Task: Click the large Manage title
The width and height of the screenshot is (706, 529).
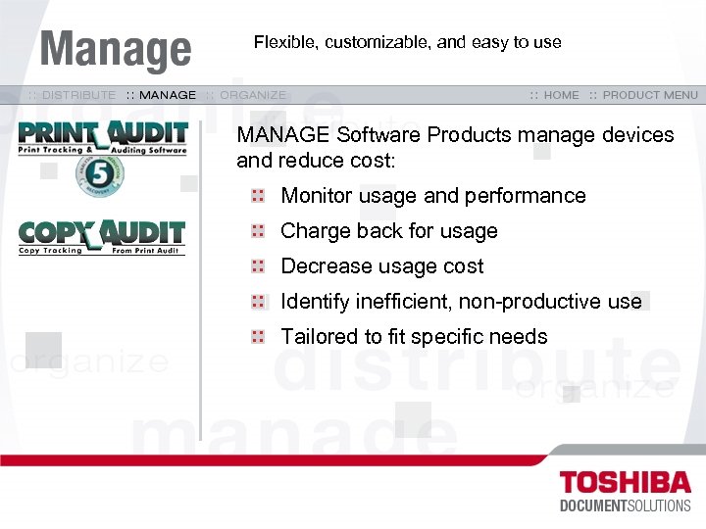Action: point(116,49)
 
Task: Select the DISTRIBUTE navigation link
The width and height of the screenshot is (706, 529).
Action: point(77,95)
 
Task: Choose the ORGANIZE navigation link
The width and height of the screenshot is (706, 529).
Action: point(253,95)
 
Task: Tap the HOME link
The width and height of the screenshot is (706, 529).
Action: point(561,95)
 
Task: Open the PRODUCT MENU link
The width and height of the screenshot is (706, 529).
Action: point(650,95)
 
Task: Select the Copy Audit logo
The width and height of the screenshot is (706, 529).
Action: point(102,237)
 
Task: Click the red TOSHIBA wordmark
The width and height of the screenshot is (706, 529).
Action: point(625,482)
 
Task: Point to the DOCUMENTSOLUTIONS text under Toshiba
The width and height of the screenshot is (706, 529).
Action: point(625,505)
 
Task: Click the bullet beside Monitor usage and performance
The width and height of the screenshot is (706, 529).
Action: point(258,196)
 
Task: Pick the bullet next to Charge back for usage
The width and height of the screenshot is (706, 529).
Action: point(258,231)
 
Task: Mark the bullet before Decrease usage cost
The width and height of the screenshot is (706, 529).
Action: point(258,266)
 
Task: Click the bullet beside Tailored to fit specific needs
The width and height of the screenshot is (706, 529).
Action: point(258,337)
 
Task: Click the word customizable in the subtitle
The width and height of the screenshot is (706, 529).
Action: point(378,42)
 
